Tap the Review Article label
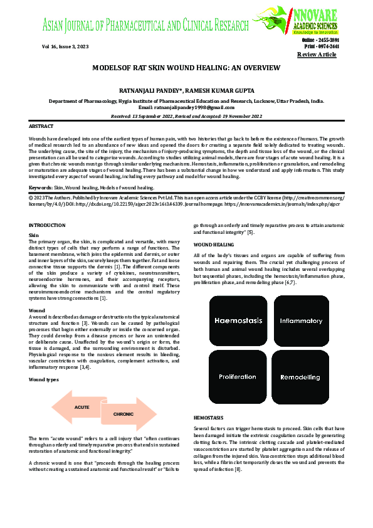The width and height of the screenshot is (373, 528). click(317, 55)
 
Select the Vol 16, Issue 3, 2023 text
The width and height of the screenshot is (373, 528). click(61, 47)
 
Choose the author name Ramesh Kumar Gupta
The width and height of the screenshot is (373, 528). click(222, 90)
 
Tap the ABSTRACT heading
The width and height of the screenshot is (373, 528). click(41, 126)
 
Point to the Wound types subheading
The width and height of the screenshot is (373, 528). click(44, 379)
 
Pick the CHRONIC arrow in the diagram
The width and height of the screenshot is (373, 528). click(123, 414)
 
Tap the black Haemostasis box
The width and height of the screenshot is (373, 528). click(238, 320)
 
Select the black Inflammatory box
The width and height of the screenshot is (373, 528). click(300, 320)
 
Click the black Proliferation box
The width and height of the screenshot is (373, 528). click(238, 377)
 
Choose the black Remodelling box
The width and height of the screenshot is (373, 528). click(300, 377)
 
